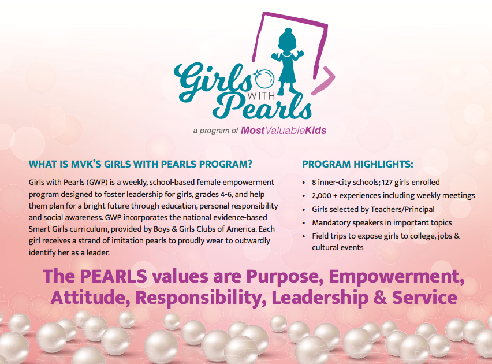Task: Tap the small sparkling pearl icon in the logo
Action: pos(264,79)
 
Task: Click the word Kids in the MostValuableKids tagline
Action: pos(315,131)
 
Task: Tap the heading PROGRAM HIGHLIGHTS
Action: pos(357,164)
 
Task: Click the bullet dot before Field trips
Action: pos(303,236)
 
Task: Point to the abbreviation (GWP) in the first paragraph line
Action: pos(96,182)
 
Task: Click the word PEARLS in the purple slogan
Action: pos(114,276)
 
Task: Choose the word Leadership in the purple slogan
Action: pos(320,298)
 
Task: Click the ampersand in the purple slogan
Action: pos(381,298)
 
